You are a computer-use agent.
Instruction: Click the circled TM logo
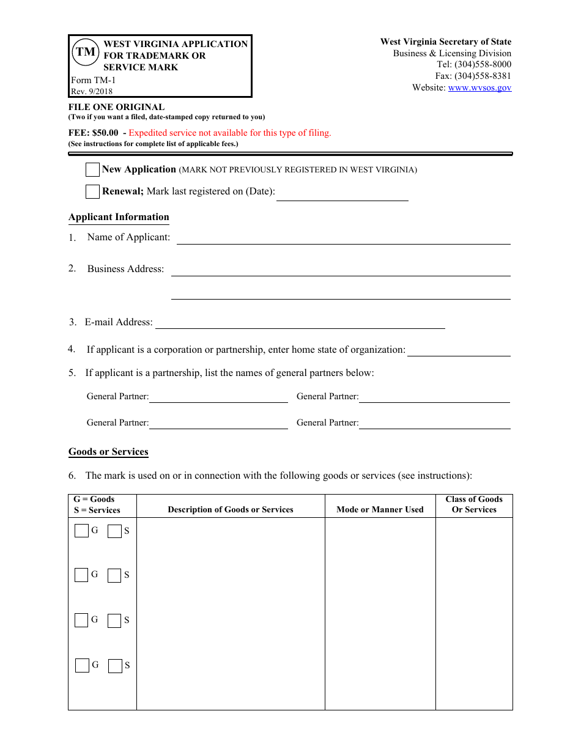point(86,52)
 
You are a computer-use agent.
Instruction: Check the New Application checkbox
point(93,169)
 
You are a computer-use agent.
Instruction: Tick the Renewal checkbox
point(93,191)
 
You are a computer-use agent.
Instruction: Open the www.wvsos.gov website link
point(479,87)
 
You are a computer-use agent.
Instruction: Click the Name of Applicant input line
point(343,238)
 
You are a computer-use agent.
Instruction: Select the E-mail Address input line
point(300,323)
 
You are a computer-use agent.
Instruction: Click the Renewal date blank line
point(342,194)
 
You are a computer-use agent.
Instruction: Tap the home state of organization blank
point(459,350)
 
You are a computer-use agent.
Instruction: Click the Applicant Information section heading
point(119,217)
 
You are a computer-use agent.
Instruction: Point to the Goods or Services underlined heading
point(108,452)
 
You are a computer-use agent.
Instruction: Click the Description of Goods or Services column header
point(231,509)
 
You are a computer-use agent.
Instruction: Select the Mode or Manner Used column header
point(380,509)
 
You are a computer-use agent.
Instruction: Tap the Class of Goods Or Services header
point(474,504)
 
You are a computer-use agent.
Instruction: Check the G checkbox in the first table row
point(81,531)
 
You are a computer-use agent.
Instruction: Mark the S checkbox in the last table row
point(115,666)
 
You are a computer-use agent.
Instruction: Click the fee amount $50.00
point(105,133)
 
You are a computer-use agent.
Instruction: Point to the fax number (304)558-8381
point(483,76)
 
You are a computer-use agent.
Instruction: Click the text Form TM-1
point(93,80)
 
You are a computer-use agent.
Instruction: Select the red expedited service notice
point(230,133)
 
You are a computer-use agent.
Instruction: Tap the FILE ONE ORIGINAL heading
point(116,107)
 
